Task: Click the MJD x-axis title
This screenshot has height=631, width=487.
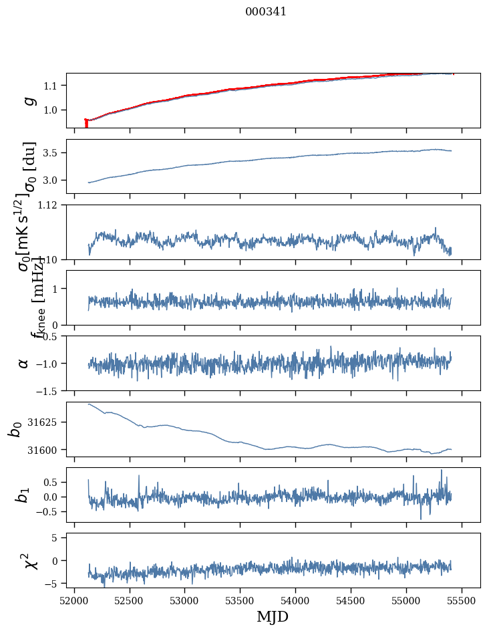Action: pos(273,616)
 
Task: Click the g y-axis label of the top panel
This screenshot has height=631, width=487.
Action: pos(29,100)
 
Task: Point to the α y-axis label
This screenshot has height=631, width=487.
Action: pos(24,363)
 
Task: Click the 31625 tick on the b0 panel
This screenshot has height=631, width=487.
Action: pos(47,422)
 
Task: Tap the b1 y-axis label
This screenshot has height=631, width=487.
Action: pos(24,495)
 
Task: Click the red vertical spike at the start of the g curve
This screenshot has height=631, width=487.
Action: pos(86,124)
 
